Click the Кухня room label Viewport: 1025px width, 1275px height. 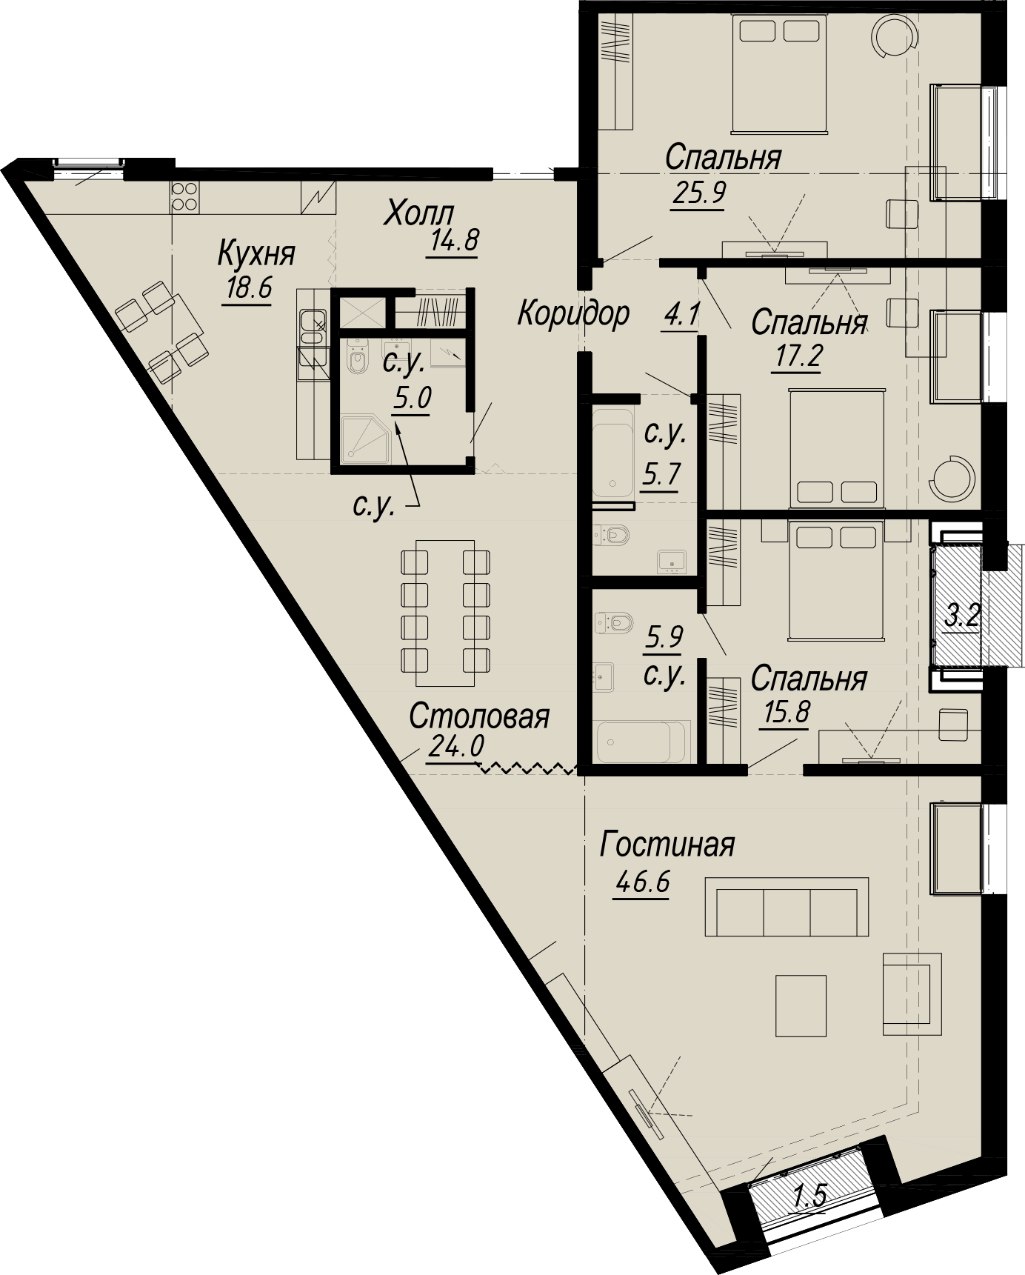point(256,254)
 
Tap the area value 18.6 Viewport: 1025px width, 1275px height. point(249,287)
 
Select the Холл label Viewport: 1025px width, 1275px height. point(418,214)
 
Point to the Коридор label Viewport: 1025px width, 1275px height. point(573,313)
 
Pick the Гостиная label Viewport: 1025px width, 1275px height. point(667,845)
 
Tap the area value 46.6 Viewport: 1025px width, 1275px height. point(641,882)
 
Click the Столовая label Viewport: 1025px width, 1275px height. point(479,716)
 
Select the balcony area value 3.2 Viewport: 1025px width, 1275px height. point(963,616)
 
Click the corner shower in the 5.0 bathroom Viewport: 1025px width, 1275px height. point(364,439)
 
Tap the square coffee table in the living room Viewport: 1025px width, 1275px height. point(801,1005)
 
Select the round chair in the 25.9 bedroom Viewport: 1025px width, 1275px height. point(892,34)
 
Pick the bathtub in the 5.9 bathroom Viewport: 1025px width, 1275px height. point(643,741)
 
